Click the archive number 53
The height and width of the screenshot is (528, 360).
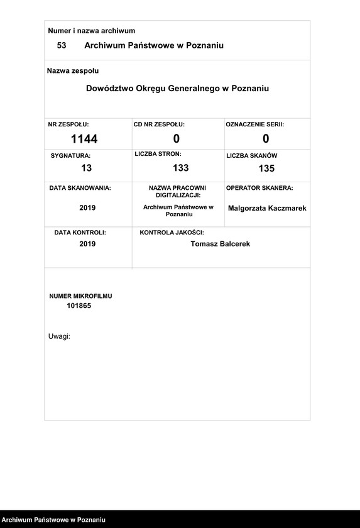(x=62, y=45)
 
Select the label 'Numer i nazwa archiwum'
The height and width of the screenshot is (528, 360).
(x=92, y=31)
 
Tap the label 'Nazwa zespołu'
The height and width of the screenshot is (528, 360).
(x=73, y=71)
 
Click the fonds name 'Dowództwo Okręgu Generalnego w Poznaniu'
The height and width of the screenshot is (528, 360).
(x=177, y=89)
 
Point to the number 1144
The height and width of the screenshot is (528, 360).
(x=84, y=139)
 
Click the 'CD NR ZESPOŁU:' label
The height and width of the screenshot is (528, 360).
(x=159, y=124)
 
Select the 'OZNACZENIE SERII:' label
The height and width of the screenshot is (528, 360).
(x=255, y=124)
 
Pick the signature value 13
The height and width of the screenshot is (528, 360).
(x=87, y=168)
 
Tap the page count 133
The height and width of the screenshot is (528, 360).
(x=181, y=168)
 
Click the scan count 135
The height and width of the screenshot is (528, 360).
(x=266, y=168)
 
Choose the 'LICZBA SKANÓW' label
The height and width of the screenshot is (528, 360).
(x=252, y=155)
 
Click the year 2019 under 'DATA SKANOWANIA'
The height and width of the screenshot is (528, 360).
(x=87, y=207)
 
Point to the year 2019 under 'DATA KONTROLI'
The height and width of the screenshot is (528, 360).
(x=87, y=244)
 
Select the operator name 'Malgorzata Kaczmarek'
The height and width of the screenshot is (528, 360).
(x=267, y=208)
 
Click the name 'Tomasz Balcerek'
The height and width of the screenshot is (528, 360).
(x=220, y=244)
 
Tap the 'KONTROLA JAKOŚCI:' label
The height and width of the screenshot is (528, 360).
(x=172, y=233)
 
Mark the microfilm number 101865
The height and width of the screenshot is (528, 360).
(x=79, y=305)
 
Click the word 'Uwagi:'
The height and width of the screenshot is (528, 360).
(x=59, y=336)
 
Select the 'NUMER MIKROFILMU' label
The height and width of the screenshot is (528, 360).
(x=81, y=295)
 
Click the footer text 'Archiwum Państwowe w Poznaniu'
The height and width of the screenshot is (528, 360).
(x=53, y=520)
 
